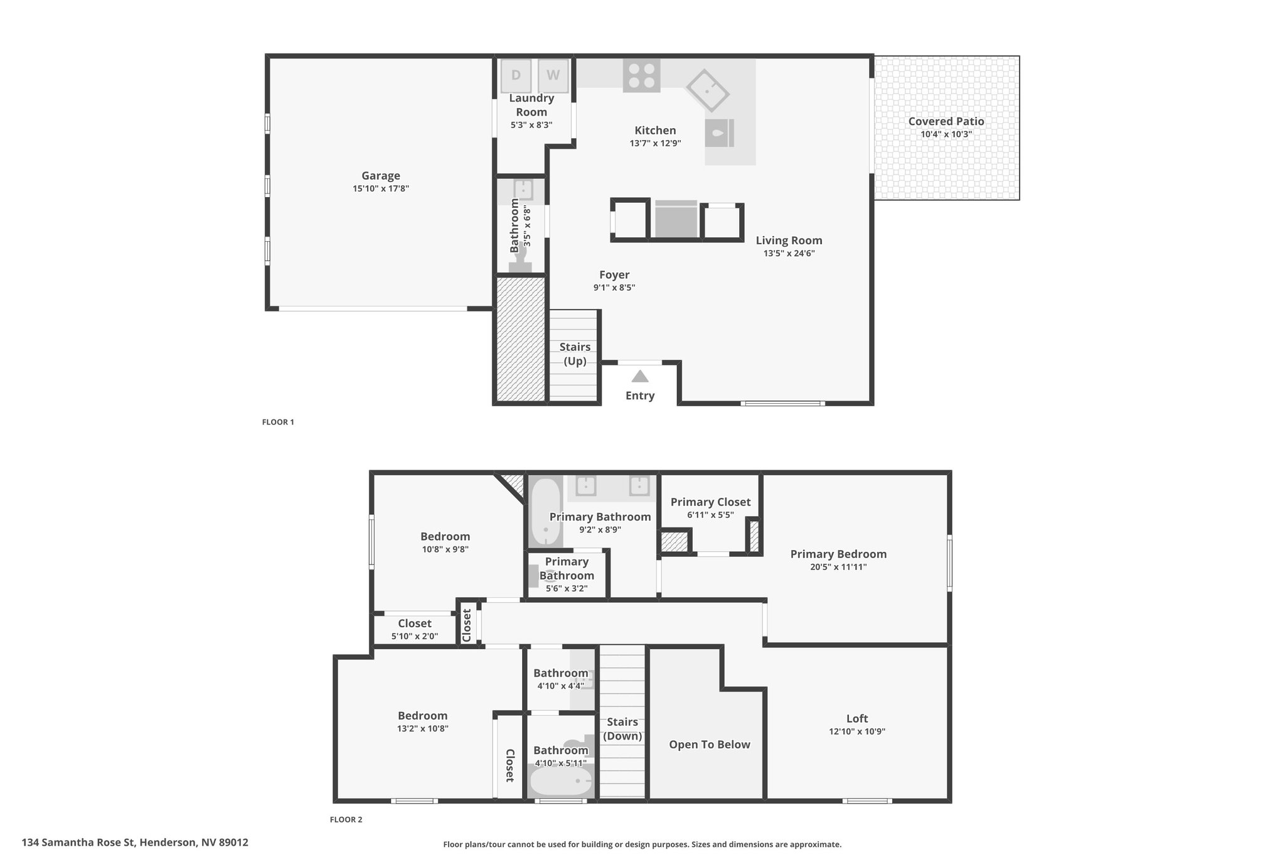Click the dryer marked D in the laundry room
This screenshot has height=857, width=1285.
coord(516,76)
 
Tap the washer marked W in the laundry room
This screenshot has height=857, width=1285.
coord(553,76)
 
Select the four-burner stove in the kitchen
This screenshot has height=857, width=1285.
coord(641,75)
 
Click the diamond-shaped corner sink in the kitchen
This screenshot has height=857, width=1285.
coord(707,90)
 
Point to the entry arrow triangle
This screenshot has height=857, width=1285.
coord(639,376)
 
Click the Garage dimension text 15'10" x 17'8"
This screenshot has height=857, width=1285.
coord(381,188)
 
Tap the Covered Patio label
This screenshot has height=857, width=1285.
coord(946,121)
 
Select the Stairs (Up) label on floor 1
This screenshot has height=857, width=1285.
coord(575,354)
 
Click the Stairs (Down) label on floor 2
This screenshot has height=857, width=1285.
coord(622,729)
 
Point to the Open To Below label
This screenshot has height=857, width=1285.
coord(710,745)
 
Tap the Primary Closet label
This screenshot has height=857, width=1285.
coord(710,502)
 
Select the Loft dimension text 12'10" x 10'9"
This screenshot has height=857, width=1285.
coord(857,731)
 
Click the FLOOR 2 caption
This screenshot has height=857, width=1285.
coord(346,819)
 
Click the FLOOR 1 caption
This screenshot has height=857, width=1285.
coord(278,422)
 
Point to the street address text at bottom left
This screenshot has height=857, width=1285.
coord(135,843)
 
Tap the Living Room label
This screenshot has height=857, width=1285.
coord(789,240)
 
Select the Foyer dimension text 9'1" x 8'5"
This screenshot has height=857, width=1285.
coord(614,288)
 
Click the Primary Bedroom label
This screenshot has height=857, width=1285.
coord(838,554)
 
